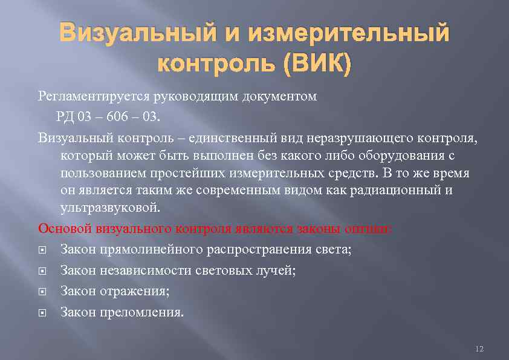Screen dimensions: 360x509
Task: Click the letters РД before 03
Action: tap(67, 116)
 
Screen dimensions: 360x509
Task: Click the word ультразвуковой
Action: tap(111, 208)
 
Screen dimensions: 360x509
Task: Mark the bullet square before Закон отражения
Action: tap(42, 292)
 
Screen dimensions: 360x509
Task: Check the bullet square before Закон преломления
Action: tap(42, 313)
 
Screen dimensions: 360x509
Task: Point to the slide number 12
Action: tap(480, 349)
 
